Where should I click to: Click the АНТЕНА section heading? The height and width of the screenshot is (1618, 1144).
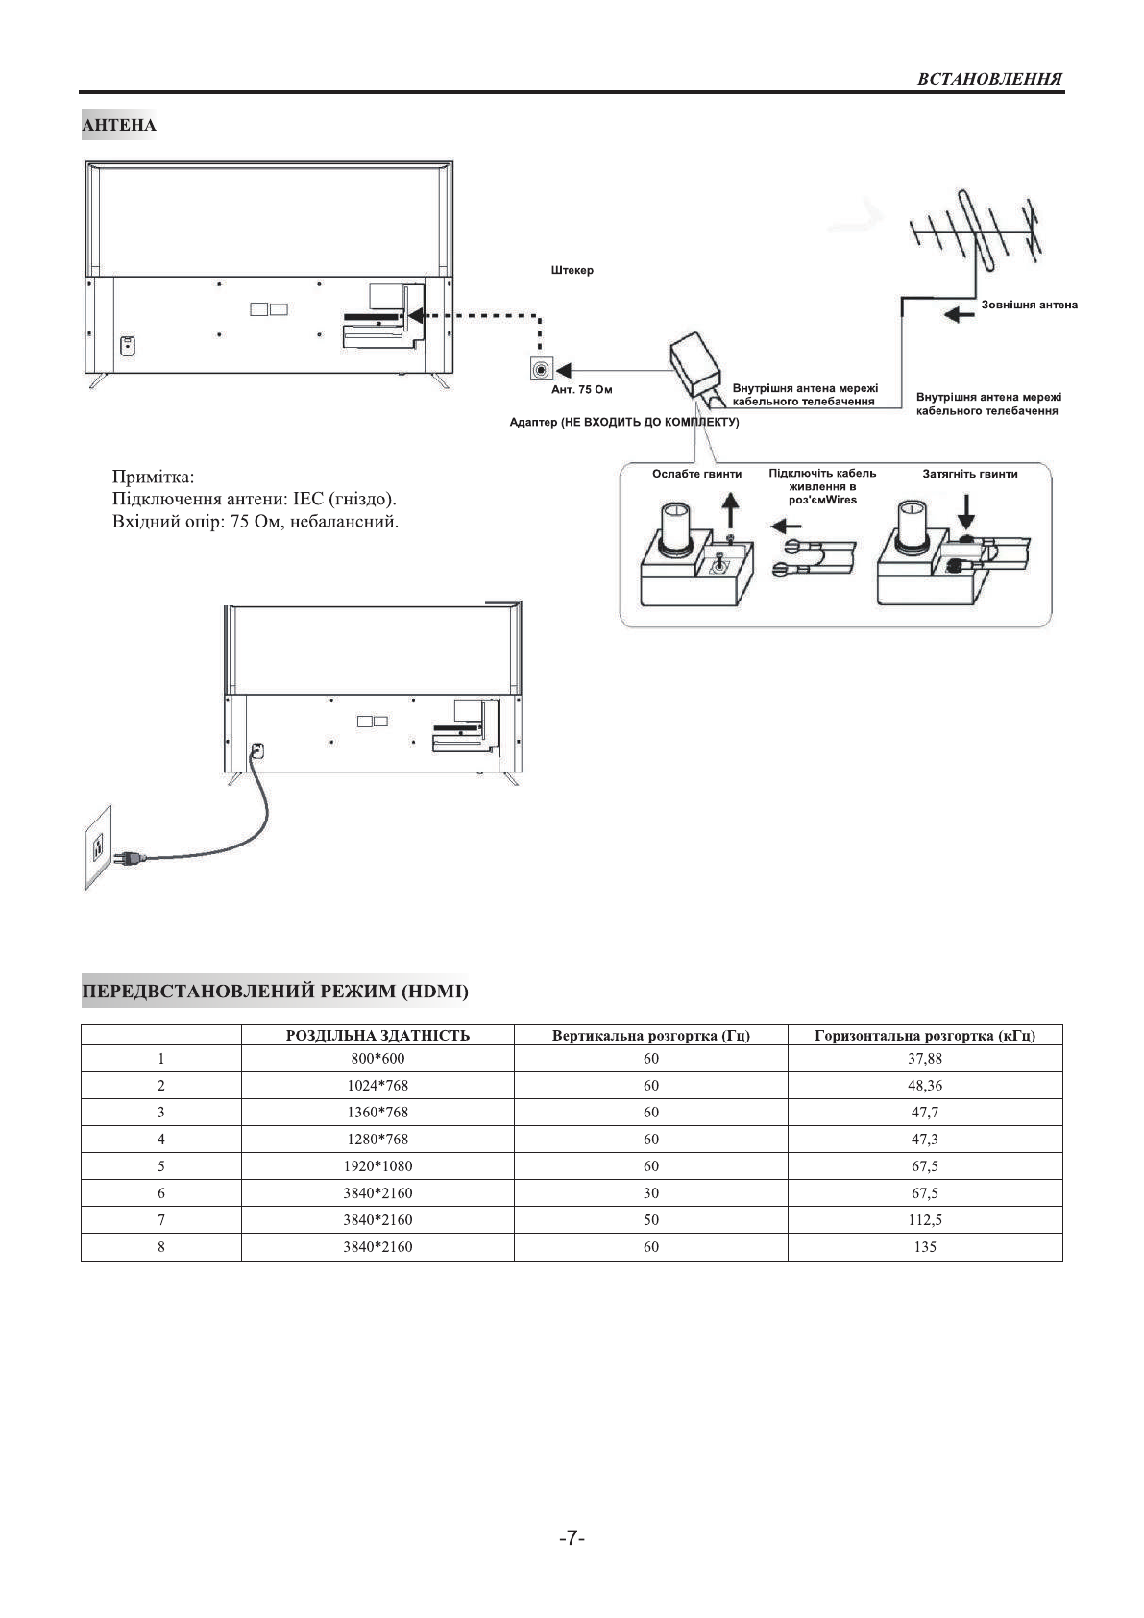coord(119,125)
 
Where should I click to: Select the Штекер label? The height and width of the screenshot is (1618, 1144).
coord(572,270)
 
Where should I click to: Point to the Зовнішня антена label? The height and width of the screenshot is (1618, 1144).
coord(1029,305)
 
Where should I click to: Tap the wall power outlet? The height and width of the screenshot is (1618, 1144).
coord(97,846)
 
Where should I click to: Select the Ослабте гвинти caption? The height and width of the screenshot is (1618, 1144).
coord(696,474)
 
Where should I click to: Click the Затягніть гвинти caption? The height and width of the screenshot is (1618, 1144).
coord(970,474)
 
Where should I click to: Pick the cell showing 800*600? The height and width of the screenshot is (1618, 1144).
coord(377,1059)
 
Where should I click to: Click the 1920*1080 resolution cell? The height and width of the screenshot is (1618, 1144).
coord(377,1166)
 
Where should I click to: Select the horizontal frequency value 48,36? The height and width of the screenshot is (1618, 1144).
coord(925,1086)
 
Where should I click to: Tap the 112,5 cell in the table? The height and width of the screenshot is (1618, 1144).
coord(925,1220)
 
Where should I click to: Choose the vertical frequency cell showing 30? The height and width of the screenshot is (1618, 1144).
coord(651,1193)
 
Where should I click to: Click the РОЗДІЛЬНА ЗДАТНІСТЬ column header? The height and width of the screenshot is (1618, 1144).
coord(377,1035)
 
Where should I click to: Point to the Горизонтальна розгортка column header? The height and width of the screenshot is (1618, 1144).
coord(925,1035)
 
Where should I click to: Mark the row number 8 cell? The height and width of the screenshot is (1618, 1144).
coord(161,1247)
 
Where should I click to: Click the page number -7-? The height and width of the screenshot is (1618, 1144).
coord(572,1538)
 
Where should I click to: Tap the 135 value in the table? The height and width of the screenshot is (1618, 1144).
coord(925,1247)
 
